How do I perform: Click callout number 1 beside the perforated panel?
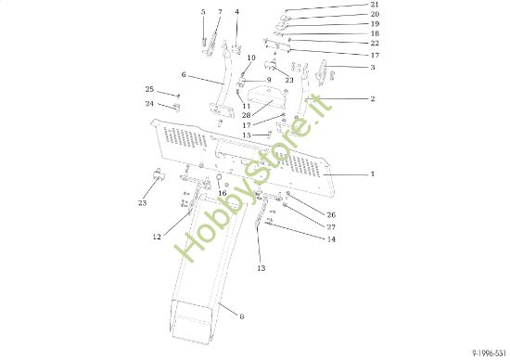point(372,174)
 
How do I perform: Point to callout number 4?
point(236,12)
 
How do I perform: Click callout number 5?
point(203,12)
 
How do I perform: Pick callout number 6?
point(184,75)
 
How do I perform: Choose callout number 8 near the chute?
point(242,316)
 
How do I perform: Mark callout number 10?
point(251,58)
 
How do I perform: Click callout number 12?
point(157,238)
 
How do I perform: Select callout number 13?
point(261,268)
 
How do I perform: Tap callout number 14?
point(331,239)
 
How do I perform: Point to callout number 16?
point(222,193)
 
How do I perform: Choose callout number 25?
point(149,89)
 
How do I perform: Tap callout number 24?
point(149,103)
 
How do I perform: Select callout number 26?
point(331,215)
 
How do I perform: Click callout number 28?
point(247,115)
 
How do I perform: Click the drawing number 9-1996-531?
point(486,353)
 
